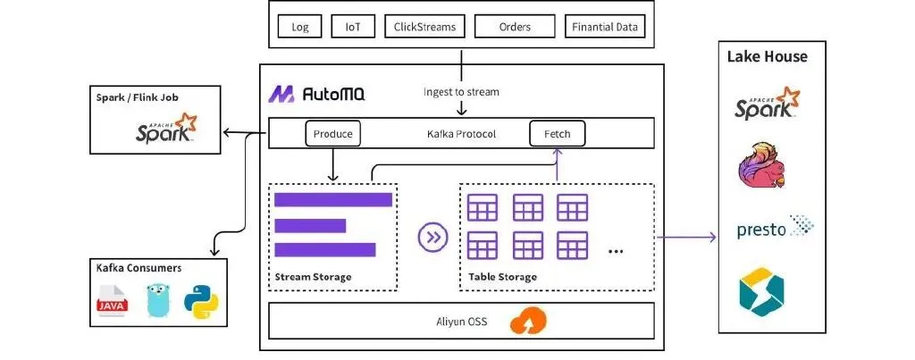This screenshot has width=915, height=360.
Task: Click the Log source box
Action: coord(300,27)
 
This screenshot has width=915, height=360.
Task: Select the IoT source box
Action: coord(353,27)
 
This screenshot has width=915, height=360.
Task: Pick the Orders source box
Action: coord(515,27)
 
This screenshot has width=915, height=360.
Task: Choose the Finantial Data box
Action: coord(605,27)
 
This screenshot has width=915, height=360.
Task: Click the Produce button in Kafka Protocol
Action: coord(333,134)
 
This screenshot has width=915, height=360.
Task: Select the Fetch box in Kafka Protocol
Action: coord(558,134)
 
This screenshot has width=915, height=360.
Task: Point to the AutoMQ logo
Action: coord(317,94)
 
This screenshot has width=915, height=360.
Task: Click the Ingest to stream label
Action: coord(461,92)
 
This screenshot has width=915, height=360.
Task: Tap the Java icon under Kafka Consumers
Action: coord(113,300)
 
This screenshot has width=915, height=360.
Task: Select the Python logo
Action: coord(201,301)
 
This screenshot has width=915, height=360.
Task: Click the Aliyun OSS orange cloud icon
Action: coord(529,321)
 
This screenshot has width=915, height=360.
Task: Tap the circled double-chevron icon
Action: coord(433,237)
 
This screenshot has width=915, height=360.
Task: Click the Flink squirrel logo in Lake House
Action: coord(761,164)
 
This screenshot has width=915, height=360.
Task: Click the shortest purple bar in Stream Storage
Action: coord(310,225)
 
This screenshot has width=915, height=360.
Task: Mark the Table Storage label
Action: coord(502,277)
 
